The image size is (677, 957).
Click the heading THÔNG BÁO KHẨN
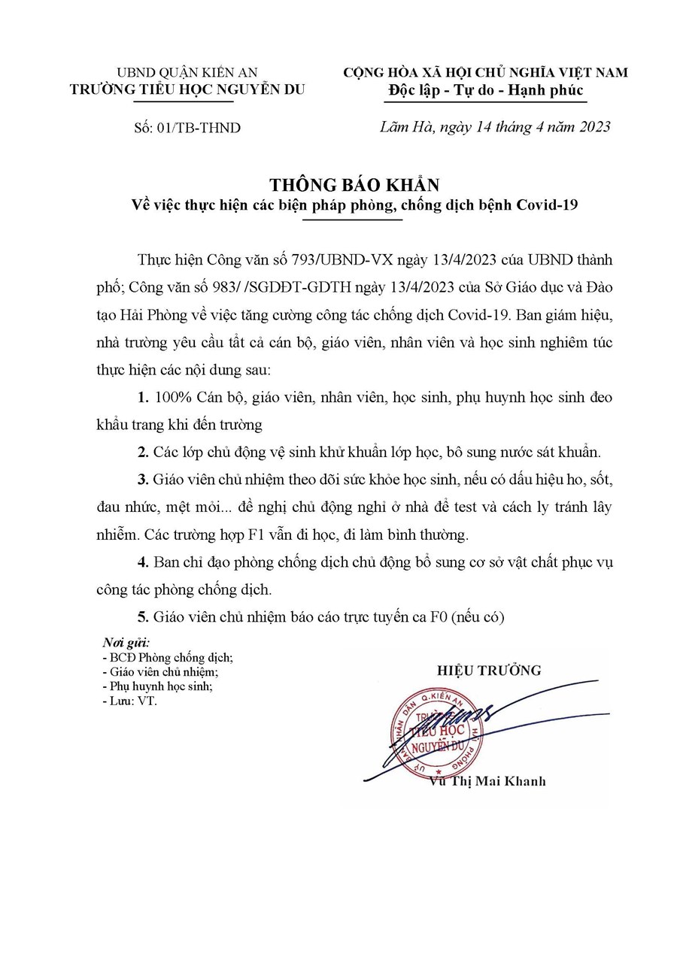pos(354,184)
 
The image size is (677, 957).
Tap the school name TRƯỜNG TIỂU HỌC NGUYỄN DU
pos(187,89)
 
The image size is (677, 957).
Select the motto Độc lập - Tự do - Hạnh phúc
pos(485,90)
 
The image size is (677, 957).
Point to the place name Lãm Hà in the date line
pos(404,127)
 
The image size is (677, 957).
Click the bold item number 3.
pos(141,479)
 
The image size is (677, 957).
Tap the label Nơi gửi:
pos(126,644)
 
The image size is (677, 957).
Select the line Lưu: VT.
pos(129,700)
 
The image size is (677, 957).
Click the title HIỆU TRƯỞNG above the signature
pos(489,670)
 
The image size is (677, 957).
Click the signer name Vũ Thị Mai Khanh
pos(487,781)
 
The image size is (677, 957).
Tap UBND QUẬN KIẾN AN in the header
pos(187,73)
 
